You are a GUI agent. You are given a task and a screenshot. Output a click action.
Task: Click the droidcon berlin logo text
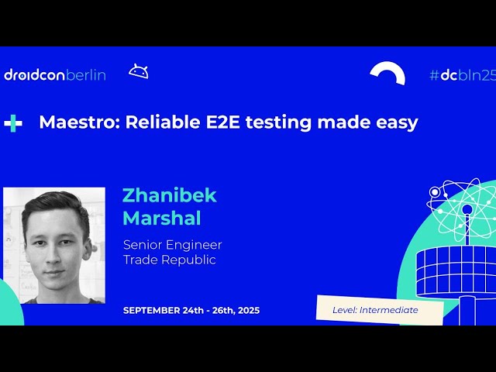54,75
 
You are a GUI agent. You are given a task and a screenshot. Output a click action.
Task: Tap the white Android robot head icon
139,72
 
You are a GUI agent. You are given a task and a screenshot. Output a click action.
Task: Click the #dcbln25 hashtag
461,75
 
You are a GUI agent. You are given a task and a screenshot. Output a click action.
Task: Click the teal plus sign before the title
12,122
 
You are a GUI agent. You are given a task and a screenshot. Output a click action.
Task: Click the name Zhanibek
169,195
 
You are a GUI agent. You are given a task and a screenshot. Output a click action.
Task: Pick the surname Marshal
162,218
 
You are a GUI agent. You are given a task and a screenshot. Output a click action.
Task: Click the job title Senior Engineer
172,245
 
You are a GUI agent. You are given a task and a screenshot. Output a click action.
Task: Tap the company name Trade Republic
169,260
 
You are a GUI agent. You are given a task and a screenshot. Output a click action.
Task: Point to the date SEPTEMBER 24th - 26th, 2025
191,310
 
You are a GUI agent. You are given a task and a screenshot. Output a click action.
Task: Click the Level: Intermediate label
375,310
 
